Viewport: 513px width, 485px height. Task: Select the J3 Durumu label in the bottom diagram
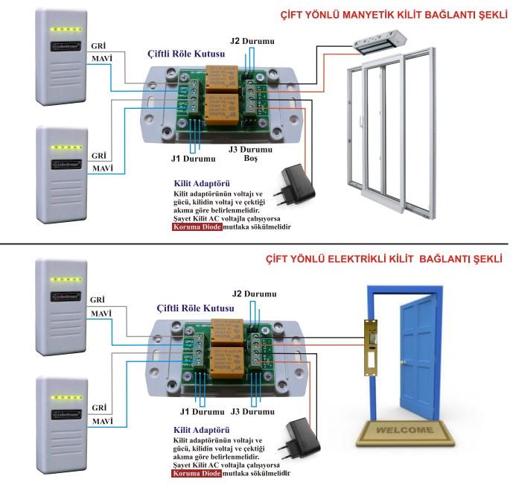(x=253, y=411)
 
